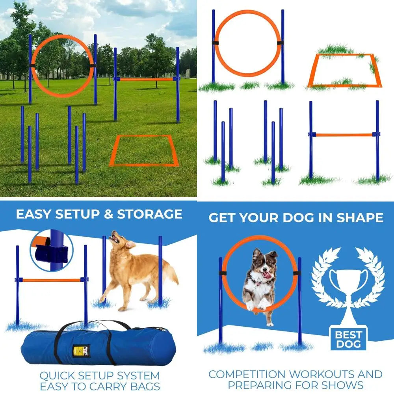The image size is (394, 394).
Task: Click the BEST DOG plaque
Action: pyautogui.click(x=348, y=339)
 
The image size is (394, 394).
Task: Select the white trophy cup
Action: pyautogui.click(x=348, y=284)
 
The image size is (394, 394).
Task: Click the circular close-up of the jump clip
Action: pyautogui.click(x=52, y=251)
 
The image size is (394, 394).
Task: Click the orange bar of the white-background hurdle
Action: pyautogui.click(x=344, y=135)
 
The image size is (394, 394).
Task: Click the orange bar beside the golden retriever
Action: pyautogui.click(x=51, y=281)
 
